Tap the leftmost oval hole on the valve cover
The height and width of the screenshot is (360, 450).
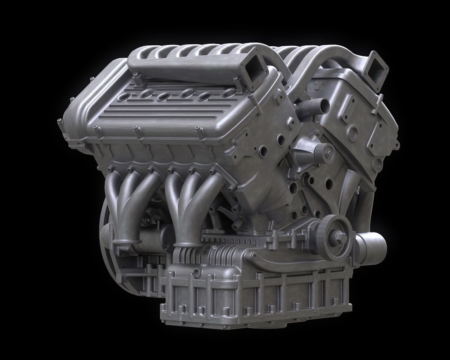124,96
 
